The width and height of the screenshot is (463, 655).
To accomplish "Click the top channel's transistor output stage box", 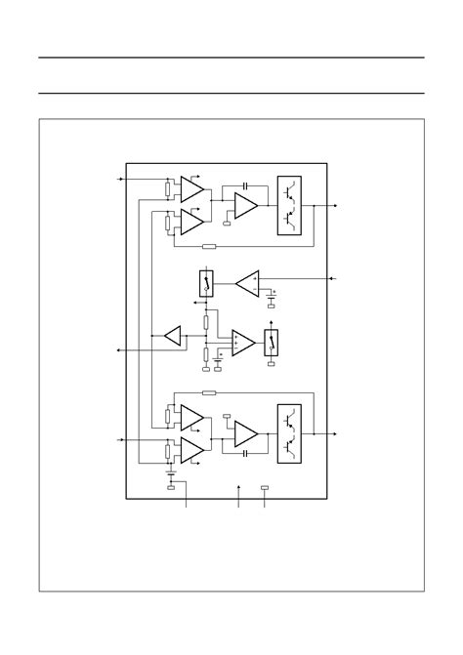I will click(x=290, y=206).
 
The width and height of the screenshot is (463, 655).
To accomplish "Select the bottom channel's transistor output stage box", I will click(x=290, y=432).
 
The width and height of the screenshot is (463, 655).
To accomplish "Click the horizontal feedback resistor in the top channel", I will click(x=208, y=246).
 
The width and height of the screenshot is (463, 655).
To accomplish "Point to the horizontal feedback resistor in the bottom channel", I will click(x=208, y=392).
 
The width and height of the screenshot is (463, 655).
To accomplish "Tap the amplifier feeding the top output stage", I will click(x=245, y=206).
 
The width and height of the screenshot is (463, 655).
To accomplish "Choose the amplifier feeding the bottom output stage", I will click(x=245, y=432).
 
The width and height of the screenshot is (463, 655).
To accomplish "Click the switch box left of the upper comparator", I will click(x=207, y=284).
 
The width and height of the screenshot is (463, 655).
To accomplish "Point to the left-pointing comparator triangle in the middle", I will click(x=247, y=283).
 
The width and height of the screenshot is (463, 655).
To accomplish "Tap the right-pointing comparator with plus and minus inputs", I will click(x=242, y=343).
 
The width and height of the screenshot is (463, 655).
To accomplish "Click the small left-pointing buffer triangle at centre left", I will click(x=172, y=338).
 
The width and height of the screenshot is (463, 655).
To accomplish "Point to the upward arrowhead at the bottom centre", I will click(x=238, y=485).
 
